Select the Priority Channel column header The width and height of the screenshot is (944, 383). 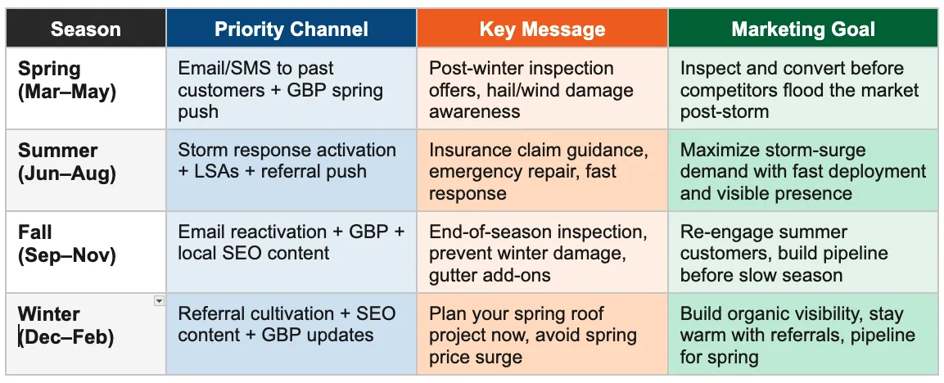(291, 30)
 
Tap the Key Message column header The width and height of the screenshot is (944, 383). (542, 30)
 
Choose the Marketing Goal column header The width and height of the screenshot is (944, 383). (802, 30)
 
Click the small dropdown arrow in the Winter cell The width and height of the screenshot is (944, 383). (159, 301)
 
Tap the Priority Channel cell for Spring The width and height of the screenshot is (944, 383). (291, 89)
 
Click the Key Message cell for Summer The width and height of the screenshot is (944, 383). (542, 171)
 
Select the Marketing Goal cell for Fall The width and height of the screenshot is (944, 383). (802, 253)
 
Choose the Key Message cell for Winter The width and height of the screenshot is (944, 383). (542, 335)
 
